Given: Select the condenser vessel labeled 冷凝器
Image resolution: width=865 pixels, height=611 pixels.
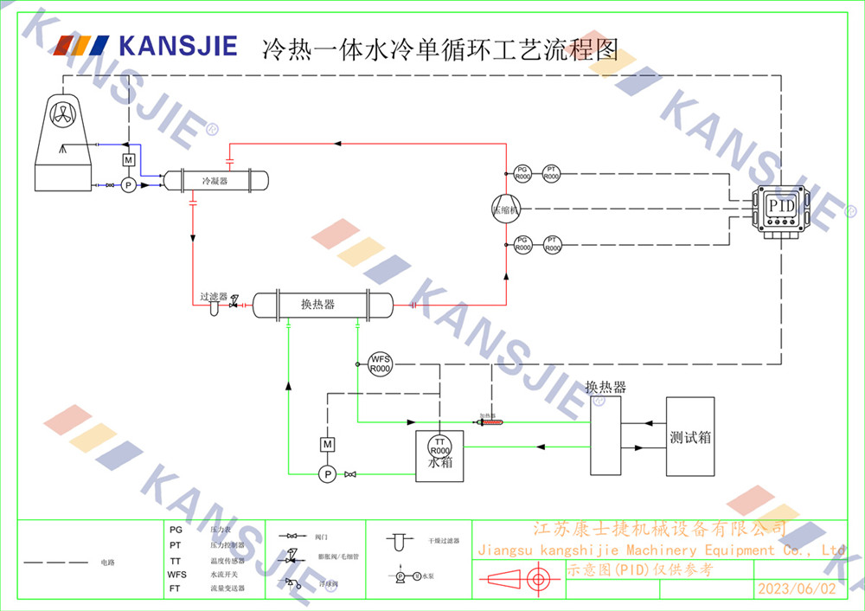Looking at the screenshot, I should [215, 181].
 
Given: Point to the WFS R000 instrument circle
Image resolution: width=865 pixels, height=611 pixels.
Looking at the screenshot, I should [381, 363].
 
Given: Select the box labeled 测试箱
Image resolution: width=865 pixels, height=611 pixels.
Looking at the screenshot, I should [690, 436].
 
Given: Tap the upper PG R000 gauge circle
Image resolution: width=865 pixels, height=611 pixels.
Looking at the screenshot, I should [522, 173].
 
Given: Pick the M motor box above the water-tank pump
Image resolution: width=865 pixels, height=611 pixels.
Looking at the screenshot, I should [327, 444].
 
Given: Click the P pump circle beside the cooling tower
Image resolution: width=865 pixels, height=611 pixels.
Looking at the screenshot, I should [128, 185].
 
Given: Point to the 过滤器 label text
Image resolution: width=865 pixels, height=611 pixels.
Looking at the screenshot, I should [214, 296].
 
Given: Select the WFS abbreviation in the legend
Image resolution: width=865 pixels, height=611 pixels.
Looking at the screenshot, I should [176, 575].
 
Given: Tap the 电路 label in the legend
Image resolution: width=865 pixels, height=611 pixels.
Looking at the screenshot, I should [108, 563].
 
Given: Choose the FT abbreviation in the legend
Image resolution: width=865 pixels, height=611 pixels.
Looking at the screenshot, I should [176, 588].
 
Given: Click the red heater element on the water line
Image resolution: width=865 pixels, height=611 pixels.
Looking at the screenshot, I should [491, 422].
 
